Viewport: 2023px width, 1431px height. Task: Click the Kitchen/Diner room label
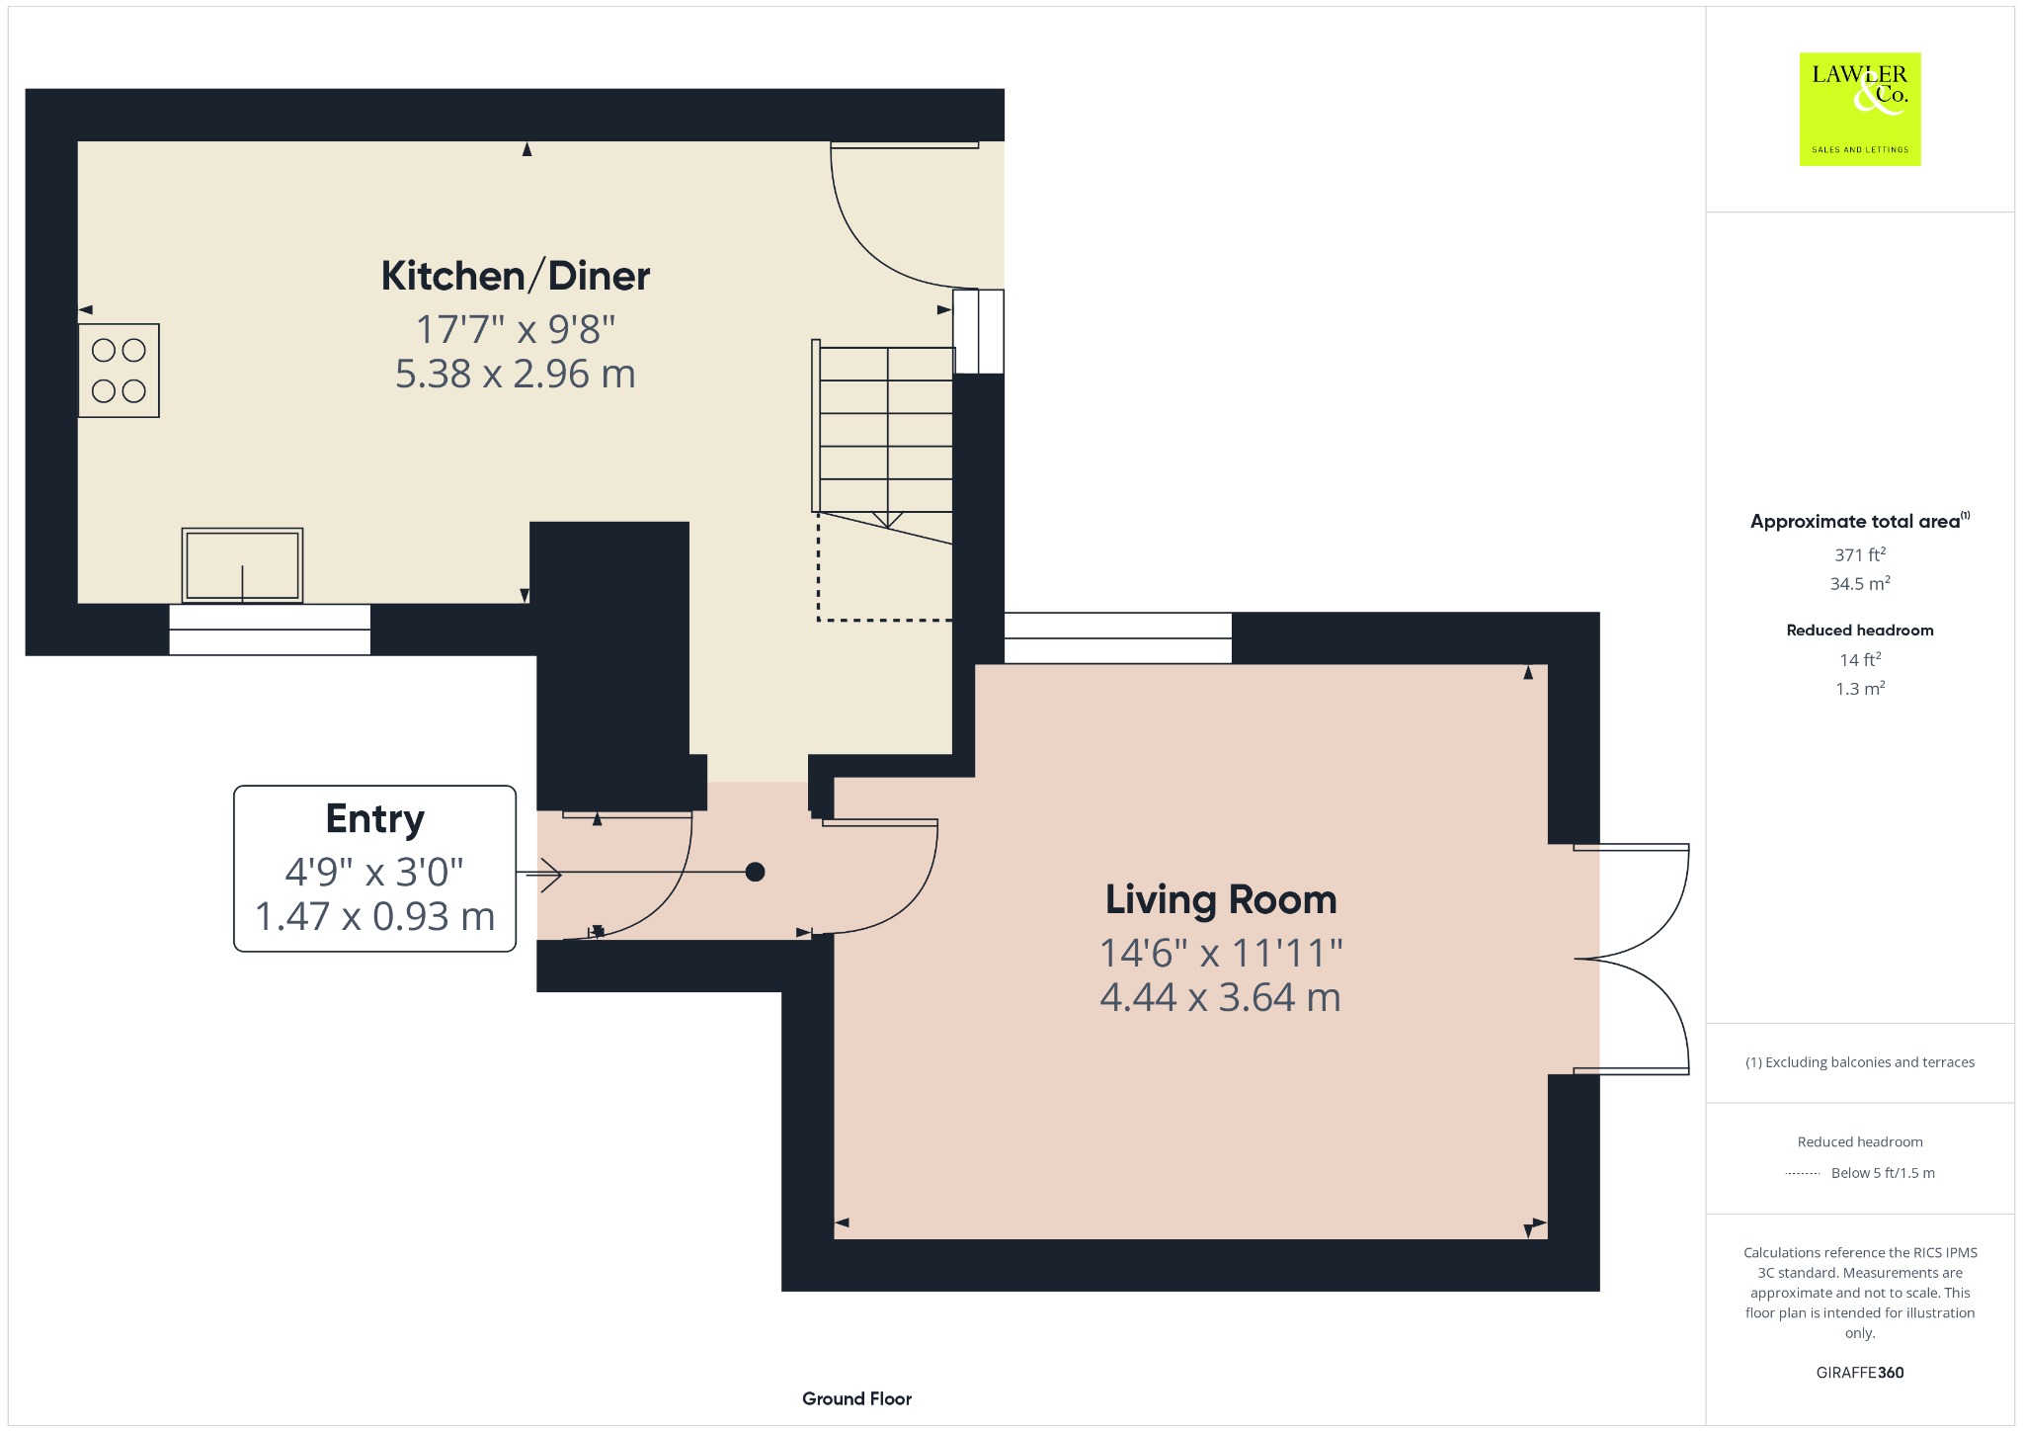pos(516,276)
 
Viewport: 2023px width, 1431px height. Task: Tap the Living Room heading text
pos(1221,899)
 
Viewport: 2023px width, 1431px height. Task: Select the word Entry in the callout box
pos(375,819)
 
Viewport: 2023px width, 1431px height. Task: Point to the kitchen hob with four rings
pos(119,371)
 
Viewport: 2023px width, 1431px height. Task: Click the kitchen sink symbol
pos(242,565)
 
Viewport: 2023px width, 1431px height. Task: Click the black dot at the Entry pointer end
pos(755,872)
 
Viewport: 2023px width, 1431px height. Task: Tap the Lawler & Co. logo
pos(1860,109)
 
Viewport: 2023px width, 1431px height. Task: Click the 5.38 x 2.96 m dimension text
pos(516,374)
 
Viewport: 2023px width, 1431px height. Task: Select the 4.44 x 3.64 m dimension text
pos(1221,997)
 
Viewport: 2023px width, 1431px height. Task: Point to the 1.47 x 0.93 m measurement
pos(375,916)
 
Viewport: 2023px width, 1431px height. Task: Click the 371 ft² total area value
pos(1860,554)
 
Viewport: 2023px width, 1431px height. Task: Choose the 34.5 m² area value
pos(1860,583)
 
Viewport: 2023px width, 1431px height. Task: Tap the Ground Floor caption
pos(856,1398)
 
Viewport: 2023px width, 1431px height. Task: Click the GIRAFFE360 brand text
pos(1860,1372)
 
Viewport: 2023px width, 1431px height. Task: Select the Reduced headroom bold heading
pos(1860,631)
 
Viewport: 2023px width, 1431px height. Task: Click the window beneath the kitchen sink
pos(270,630)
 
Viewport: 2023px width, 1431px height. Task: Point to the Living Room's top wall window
pos(1118,638)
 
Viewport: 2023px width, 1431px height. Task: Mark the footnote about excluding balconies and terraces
pos(1860,1062)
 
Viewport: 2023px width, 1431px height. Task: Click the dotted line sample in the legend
pos(1803,1174)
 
